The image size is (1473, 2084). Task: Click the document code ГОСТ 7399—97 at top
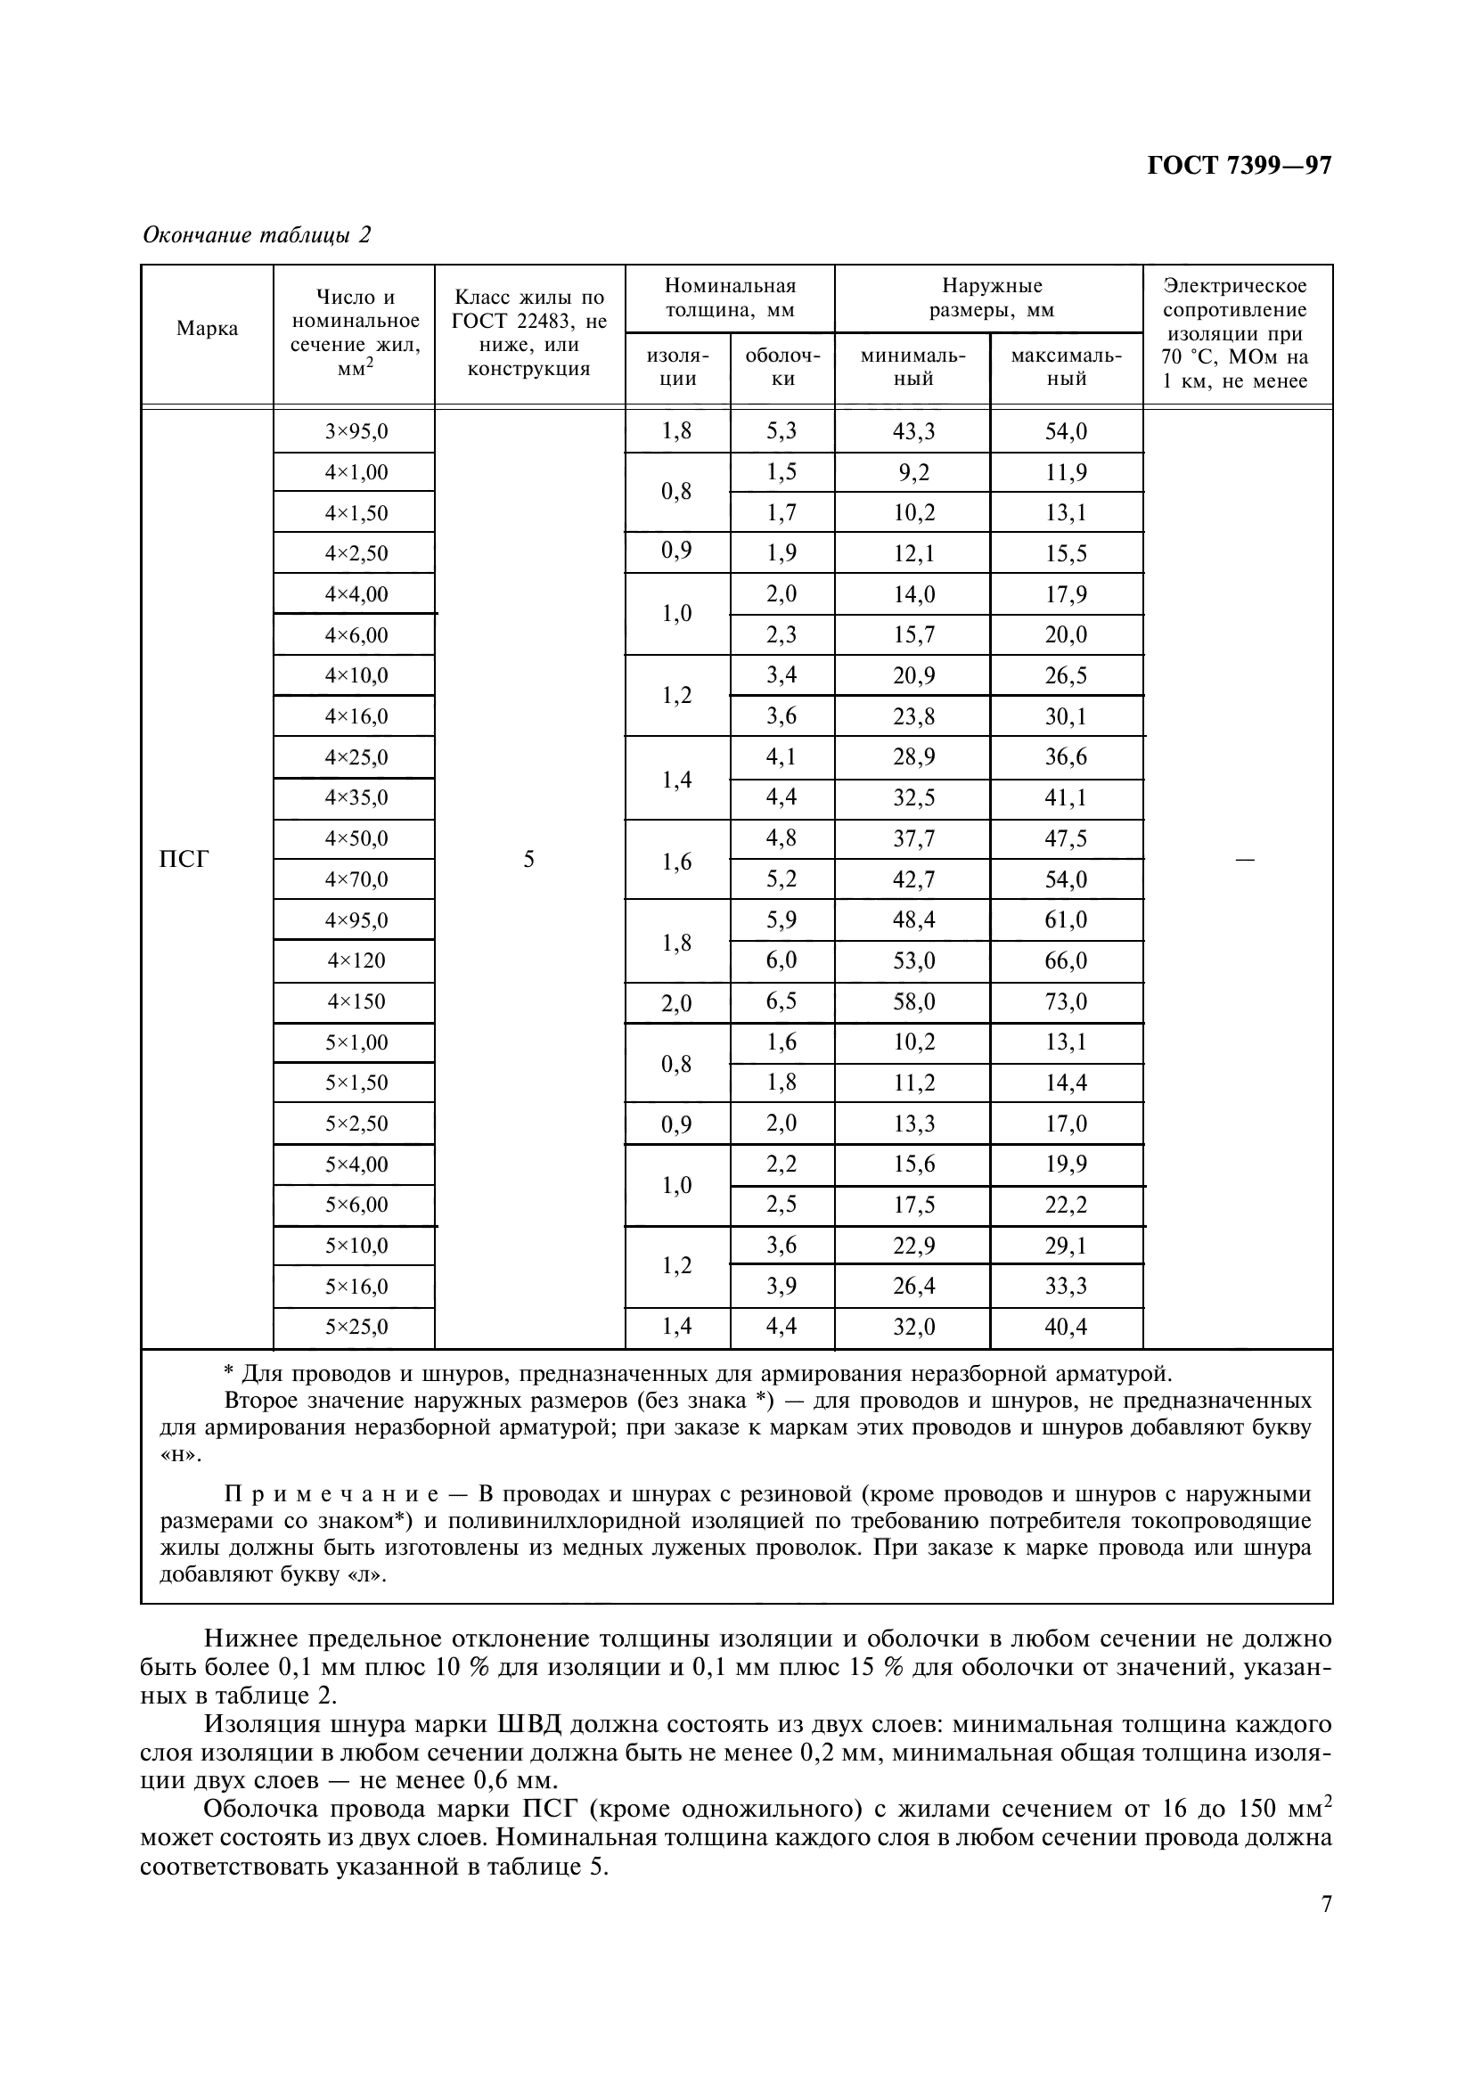(1239, 166)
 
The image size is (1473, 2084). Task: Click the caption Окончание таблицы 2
(257, 235)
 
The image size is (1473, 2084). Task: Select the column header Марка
(207, 329)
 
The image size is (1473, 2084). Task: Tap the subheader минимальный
(912, 367)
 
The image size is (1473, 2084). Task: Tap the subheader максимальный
(1067, 367)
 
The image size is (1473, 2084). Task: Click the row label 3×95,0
(356, 431)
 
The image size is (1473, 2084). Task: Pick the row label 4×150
(356, 1001)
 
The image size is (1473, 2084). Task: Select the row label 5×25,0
(356, 1327)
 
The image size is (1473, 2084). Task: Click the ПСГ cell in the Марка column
(184, 859)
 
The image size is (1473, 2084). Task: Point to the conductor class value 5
(529, 859)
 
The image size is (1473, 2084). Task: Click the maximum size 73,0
(1067, 1001)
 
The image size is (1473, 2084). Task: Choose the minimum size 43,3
(912, 431)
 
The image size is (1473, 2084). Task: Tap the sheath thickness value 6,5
(782, 1001)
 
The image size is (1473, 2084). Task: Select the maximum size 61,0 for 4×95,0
(1067, 919)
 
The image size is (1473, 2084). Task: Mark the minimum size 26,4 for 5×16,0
(912, 1287)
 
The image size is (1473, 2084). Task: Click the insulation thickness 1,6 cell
(677, 861)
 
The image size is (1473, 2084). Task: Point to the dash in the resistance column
(1245, 859)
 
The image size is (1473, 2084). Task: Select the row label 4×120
(356, 960)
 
